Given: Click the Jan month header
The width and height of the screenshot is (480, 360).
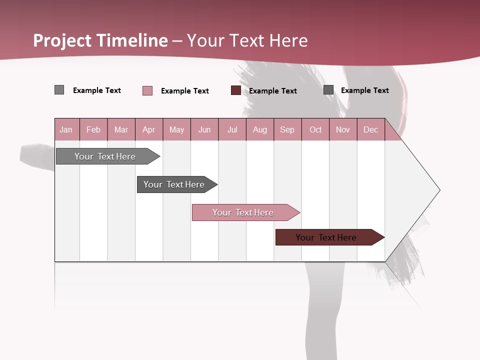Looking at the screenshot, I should point(66,129).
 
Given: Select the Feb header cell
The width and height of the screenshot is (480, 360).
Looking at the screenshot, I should point(93,129).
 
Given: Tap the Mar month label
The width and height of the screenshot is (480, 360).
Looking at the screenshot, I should point(121,129).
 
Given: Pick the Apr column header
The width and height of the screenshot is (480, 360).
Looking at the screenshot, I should point(149,129).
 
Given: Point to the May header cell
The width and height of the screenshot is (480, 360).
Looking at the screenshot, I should point(176,129).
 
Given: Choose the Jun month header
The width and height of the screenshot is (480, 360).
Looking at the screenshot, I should point(204,129).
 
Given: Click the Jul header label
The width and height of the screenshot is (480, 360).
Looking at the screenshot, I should point(232,129).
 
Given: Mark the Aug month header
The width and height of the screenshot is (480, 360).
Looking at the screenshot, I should point(260,129).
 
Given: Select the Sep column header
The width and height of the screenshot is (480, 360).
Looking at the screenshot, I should point(287,129).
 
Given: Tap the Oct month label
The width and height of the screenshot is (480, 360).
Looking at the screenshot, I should point(315,129).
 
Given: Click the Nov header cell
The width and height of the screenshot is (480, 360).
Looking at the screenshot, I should point(343,129).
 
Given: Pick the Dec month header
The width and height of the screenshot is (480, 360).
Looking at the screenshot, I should point(371,129).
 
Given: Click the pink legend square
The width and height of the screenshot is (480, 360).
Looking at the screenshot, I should point(147,90).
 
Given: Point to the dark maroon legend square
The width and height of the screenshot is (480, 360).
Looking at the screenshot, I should point(236,90).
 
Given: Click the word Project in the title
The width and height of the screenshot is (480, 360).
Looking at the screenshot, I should point(63,40).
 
